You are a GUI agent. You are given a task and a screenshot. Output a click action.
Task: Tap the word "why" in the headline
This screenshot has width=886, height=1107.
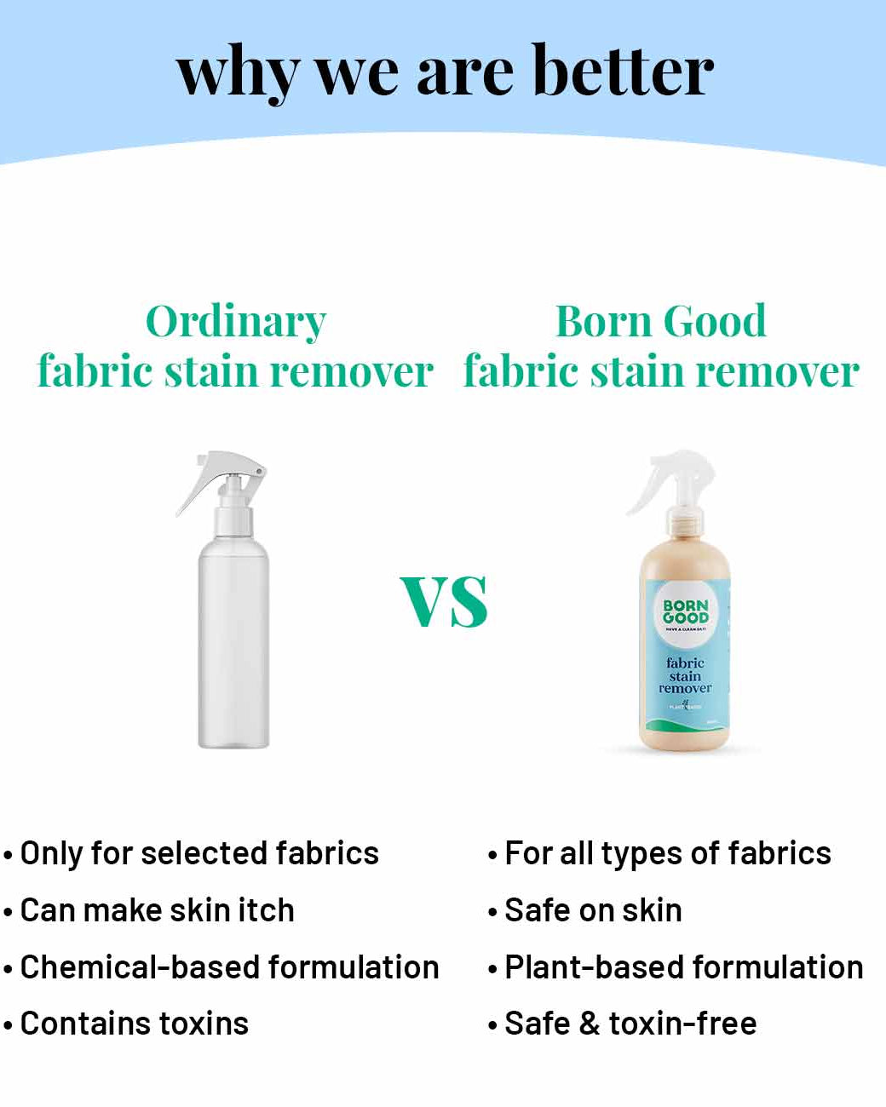coord(237,73)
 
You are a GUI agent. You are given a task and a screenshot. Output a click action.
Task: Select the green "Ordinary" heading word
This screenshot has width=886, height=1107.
coord(236,323)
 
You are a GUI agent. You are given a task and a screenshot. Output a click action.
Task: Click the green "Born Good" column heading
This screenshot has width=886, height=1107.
coord(661,321)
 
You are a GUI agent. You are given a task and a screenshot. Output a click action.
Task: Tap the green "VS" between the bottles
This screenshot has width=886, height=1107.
coord(444,601)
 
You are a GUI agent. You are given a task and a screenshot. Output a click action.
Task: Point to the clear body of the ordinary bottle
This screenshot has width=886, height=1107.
coord(233,647)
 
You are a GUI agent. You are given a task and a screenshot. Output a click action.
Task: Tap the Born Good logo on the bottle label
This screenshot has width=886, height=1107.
coord(686,611)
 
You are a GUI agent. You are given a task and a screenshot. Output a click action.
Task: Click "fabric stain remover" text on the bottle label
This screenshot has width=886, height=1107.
coord(685,675)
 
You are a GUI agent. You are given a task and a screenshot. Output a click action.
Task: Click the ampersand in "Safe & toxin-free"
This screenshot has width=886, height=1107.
coord(589,1024)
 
